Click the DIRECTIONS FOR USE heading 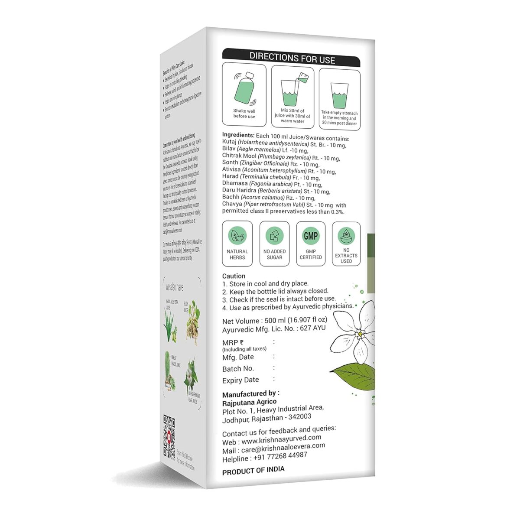coord(292,58)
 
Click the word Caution coord(234,276)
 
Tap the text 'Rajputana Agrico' coord(249,402)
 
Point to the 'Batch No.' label coord(238,369)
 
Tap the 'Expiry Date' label coord(240,380)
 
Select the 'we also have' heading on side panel coord(174,287)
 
